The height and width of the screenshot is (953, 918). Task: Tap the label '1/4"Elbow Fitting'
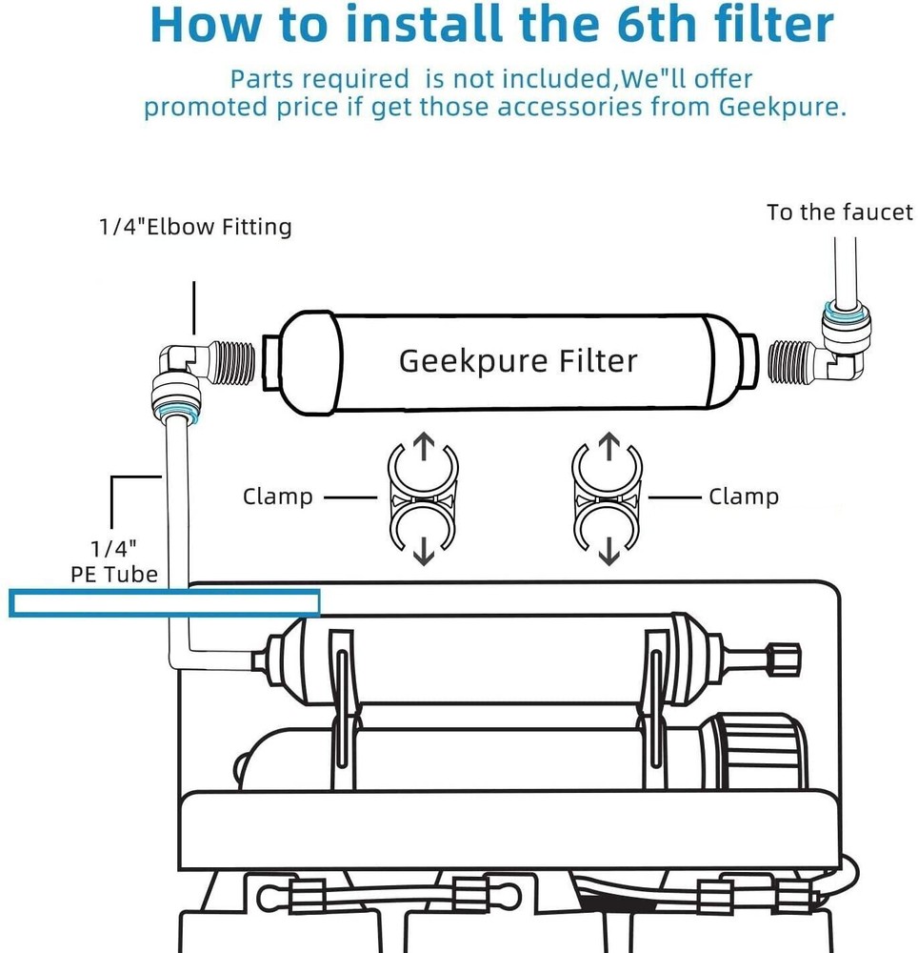(x=195, y=227)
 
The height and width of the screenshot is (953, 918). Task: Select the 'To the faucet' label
(x=839, y=213)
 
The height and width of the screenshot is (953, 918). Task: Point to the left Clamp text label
(x=277, y=497)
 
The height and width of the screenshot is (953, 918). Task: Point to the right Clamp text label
(x=744, y=497)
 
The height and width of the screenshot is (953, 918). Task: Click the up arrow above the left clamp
(x=424, y=445)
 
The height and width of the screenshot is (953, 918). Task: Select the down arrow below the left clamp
(x=424, y=550)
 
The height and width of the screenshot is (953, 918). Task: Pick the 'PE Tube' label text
(x=114, y=575)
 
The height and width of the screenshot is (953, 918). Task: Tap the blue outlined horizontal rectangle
(x=164, y=603)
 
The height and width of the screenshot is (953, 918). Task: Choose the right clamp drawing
(x=609, y=497)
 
